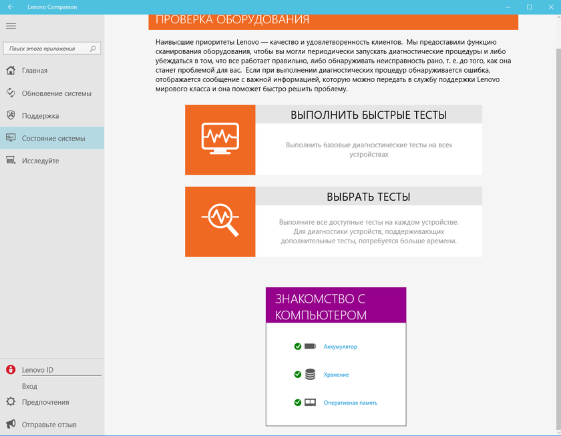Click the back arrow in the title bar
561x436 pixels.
tap(11, 7)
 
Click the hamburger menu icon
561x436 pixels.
tap(11, 26)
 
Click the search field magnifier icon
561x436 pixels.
tap(93, 49)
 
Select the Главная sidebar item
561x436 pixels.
tap(35, 71)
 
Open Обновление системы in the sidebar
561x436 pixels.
tap(56, 93)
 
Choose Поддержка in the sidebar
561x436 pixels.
tap(40, 116)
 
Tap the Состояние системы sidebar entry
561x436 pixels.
tap(53, 139)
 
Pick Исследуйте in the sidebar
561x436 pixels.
tap(40, 161)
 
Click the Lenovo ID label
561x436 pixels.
tap(37, 369)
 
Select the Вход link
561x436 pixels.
tap(29, 386)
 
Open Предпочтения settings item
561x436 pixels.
tap(45, 402)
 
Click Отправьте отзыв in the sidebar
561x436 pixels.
tap(49, 425)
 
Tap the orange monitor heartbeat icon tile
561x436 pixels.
tap(220, 140)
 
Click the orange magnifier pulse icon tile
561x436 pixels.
tap(220, 221)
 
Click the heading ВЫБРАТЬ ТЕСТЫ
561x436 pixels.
tap(369, 197)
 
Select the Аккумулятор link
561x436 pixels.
tap(341, 347)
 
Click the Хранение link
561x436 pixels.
tap(336, 375)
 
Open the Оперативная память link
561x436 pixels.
tap(351, 403)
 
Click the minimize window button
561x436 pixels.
tap(510, 7)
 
